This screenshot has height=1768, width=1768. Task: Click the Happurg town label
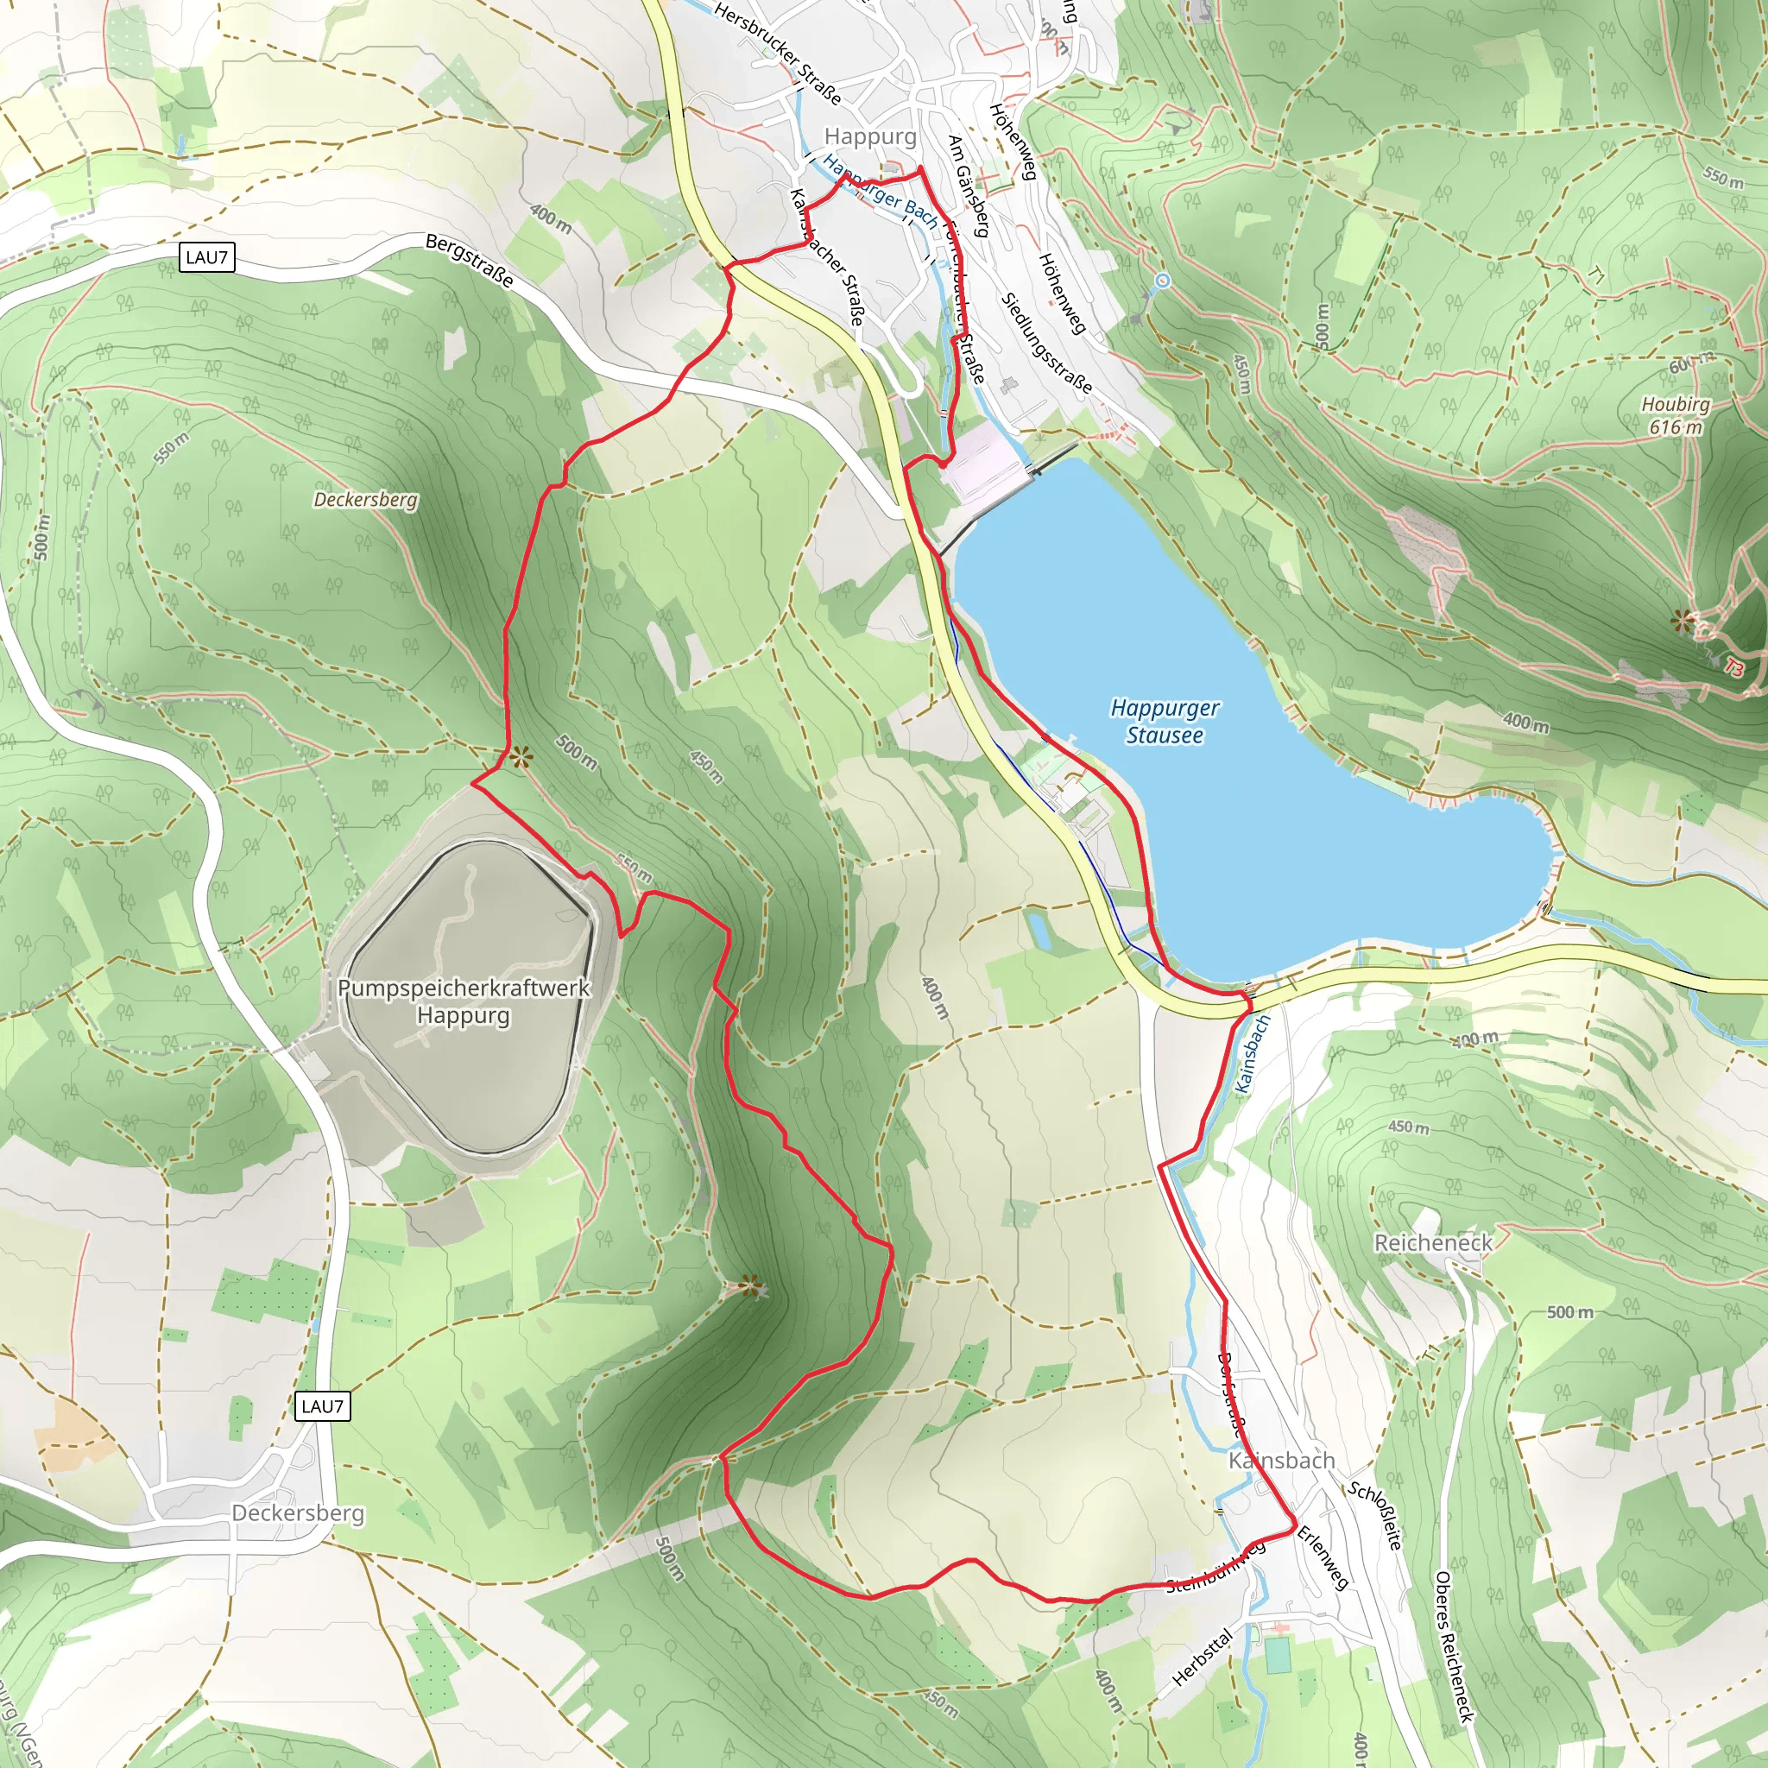(x=869, y=136)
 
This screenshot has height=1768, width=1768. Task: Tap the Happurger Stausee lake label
(x=1165, y=721)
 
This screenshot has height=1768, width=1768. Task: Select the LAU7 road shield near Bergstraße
(x=207, y=257)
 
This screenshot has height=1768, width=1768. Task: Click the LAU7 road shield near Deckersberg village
(x=322, y=1405)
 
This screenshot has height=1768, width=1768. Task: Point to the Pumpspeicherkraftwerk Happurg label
(x=464, y=1001)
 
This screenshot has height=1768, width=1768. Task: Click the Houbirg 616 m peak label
(x=1675, y=415)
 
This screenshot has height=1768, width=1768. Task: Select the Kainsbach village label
(x=1281, y=1461)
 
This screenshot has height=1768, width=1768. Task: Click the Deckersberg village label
(x=299, y=1512)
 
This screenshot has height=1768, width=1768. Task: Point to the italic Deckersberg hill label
(x=365, y=500)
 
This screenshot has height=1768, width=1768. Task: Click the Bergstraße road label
(x=470, y=261)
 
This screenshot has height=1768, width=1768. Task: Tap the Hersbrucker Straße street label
(x=777, y=53)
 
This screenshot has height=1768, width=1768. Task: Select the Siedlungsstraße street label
(x=1046, y=344)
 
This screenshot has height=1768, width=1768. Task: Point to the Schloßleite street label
(x=1374, y=1515)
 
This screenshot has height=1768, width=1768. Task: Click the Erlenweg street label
(x=1323, y=1556)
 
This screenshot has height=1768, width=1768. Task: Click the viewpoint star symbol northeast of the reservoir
(x=520, y=757)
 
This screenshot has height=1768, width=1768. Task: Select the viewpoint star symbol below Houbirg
(x=1682, y=622)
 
